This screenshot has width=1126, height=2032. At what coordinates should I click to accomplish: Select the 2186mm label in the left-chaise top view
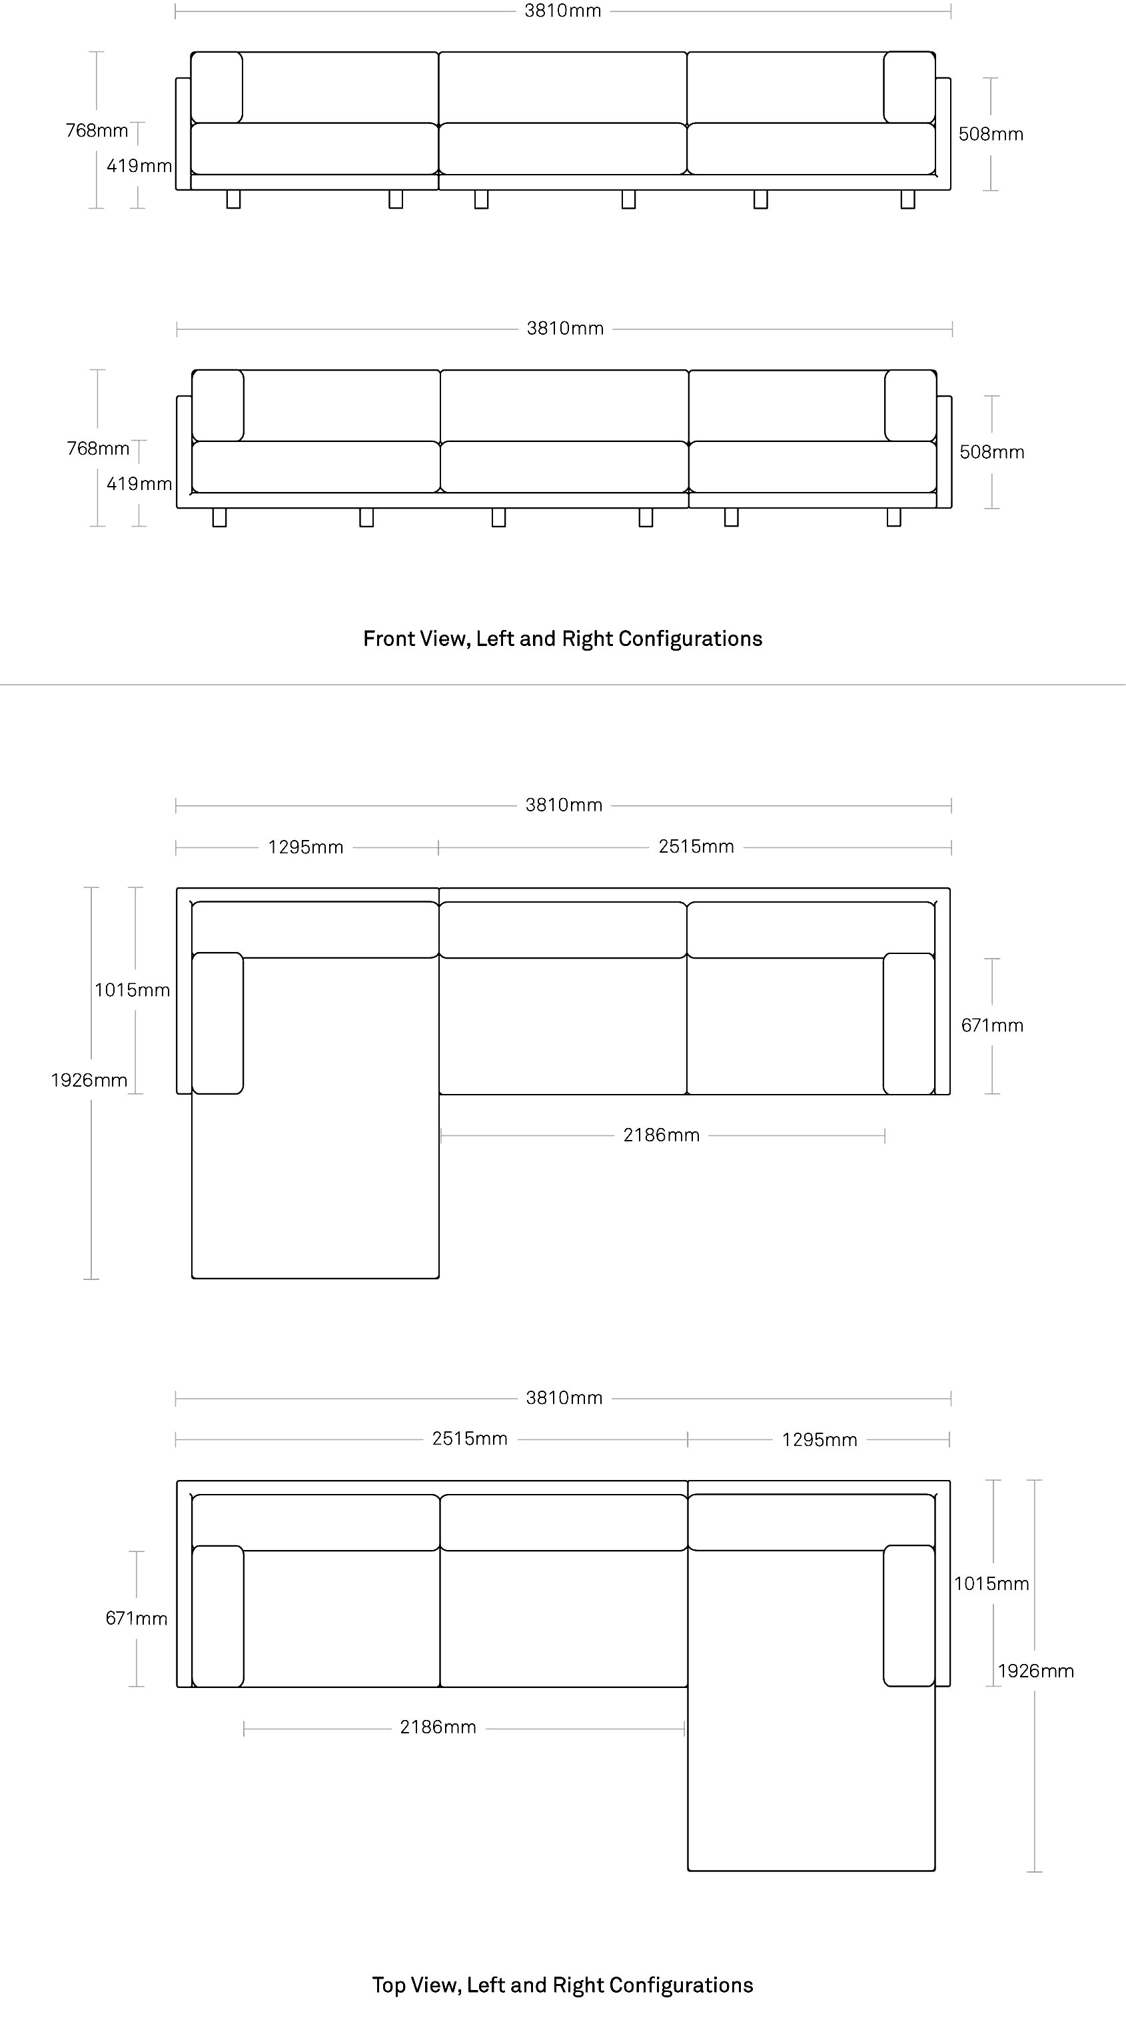[x=662, y=1135]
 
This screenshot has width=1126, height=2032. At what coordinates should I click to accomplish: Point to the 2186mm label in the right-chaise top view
[x=438, y=1727]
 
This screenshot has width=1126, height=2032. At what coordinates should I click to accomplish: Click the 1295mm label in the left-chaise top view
[x=306, y=847]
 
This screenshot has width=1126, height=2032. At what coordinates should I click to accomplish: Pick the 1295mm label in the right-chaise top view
[x=820, y=1439]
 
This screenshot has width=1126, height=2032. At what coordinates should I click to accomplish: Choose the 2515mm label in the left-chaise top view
[x=696, y=847]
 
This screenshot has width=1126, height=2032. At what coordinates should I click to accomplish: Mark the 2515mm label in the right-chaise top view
[x=470, y=1439]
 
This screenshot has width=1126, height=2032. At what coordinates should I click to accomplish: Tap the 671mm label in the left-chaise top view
[x=992, y=1025]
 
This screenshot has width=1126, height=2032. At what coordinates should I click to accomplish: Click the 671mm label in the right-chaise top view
[x=137, y=1619]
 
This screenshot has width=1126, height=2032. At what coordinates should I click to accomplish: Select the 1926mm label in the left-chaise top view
[x=89, y=1080]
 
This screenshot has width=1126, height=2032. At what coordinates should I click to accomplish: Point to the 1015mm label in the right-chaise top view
[x=992, y=1584]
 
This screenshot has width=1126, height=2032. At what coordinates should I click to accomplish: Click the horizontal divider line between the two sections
[x=563, y=685]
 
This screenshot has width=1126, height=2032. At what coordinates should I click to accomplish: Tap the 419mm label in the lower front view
[x=139, y=483]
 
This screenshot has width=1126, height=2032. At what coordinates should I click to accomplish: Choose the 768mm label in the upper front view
[x=97, y=130]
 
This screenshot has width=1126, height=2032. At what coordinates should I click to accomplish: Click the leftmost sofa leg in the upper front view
[x=233, y=199]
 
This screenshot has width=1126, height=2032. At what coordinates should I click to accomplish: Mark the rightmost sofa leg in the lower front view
[x=893, y=517]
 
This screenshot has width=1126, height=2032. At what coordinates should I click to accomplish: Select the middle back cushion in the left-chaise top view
[x=563, y=930]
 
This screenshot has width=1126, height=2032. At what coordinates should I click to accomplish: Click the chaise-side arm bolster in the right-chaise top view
[x=909, y=1615]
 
